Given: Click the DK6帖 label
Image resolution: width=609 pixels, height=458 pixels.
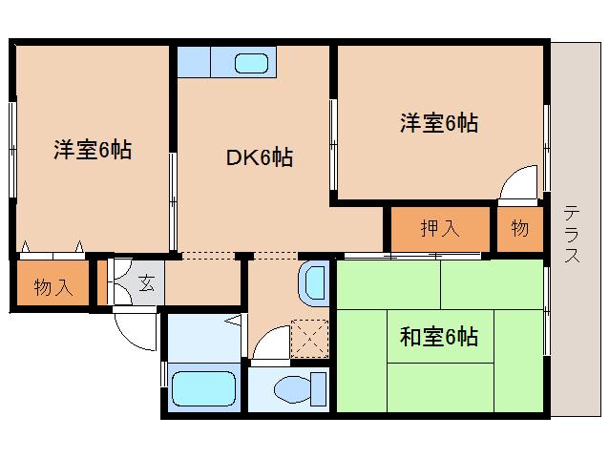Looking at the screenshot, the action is tap(260, 157).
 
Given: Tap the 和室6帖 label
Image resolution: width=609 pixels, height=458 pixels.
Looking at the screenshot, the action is tap(439, 337).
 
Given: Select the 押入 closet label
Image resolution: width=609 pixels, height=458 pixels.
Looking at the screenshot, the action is tap(440, 228).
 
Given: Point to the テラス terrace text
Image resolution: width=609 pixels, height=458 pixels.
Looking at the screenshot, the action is tap(572, 234).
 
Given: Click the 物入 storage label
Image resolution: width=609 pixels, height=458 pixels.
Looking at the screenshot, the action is tap(53, 287).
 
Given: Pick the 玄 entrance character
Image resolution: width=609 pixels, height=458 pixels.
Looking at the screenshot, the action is tap(146, 283).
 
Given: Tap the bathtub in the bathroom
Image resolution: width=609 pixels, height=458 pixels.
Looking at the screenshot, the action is tap(203, 389).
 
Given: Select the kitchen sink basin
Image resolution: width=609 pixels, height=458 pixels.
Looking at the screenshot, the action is tap(252, 63).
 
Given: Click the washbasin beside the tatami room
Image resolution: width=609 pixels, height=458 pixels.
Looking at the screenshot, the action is tap(314, 283).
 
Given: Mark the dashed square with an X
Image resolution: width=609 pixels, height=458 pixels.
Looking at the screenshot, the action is tap(309, 339).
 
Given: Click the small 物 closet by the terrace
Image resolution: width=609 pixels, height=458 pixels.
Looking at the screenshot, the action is tap(520, 229).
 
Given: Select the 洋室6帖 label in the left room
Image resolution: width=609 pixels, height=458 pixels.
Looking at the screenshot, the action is tap(93, 150).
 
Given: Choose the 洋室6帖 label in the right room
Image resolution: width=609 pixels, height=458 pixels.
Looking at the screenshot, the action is tap(439, 123).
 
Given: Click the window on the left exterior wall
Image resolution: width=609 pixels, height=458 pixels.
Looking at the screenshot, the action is tap(12, 150).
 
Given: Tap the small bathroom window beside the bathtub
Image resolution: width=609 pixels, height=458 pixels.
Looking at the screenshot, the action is tap(164, 374).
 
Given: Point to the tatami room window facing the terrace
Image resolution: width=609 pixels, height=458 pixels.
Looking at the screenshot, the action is tap(546, 310).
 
